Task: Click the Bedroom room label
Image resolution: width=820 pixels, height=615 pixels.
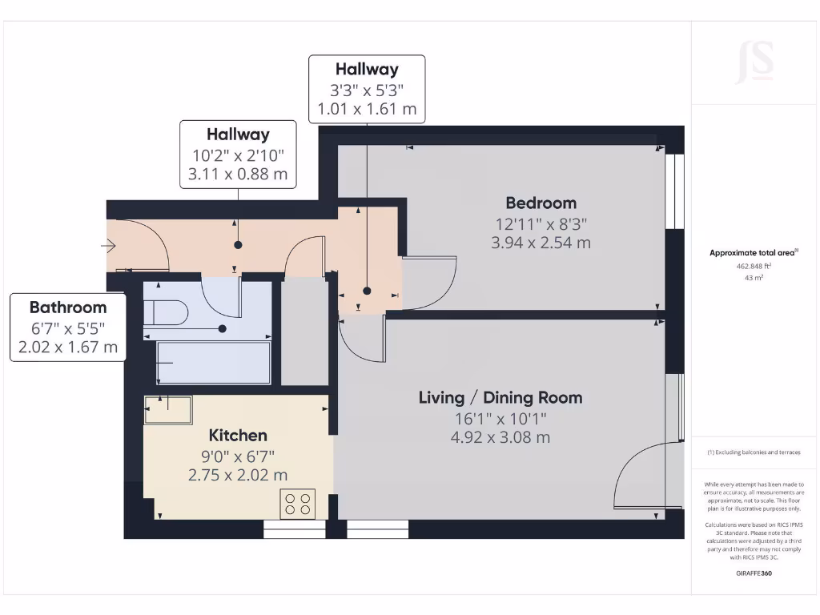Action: (541, 203)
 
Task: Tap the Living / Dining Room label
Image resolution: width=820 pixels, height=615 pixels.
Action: (500, 397)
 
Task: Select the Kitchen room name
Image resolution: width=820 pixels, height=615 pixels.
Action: (238, 435)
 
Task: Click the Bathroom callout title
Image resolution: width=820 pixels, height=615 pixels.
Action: (68, 307)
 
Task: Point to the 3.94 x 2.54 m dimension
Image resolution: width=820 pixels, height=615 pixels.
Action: (541, 242)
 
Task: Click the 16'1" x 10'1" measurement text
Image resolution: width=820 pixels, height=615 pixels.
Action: (500, 418)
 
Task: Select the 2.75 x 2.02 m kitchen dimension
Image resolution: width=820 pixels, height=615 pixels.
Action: (238, 475)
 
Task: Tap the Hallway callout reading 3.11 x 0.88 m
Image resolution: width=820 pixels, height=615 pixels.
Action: (238, 174)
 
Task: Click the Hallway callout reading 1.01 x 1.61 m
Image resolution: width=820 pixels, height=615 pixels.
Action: (367, 109)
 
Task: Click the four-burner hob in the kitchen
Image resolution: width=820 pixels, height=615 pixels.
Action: (297, 503)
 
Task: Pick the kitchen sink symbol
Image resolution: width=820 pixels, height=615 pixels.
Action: (168, 410)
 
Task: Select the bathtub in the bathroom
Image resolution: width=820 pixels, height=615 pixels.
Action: (214, 363)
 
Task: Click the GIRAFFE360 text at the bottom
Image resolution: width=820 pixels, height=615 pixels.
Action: (754, 573)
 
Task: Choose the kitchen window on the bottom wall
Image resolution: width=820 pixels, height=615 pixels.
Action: (295, 529)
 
